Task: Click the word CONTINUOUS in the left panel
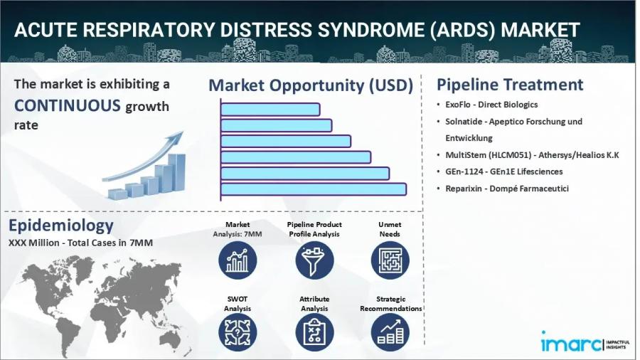[68, 106]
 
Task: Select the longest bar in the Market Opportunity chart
[313, 189]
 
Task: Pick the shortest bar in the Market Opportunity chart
[270, 110]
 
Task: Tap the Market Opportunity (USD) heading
[311, 85]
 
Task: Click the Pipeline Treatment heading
[510, 85]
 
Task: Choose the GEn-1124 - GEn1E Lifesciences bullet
[503, 171]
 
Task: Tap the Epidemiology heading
[61, 226]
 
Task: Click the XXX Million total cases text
[80, 243]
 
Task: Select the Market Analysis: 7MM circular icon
[237, 260]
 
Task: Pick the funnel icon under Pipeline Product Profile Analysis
[314, 260]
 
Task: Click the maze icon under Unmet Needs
[390, 260]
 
